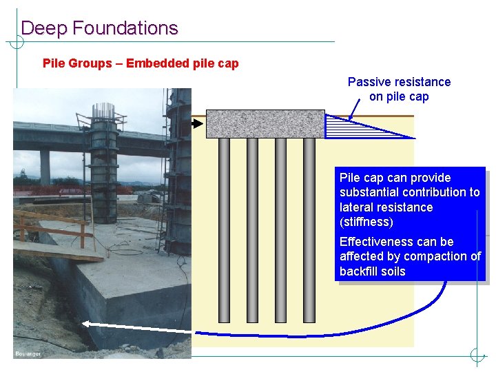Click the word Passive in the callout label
coord(366,82)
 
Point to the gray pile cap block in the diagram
coord(265,124)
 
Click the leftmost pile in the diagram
coord(224,230)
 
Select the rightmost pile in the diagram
coord(309,230)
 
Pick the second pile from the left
coord(252,230)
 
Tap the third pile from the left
coord(280,230)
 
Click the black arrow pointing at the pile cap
coord(198,124)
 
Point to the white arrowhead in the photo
coord(87,323)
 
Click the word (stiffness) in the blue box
coord(366,222)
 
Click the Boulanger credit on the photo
coord(28,354)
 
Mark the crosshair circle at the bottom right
coord(477,355)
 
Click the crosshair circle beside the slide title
coord(16,42)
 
